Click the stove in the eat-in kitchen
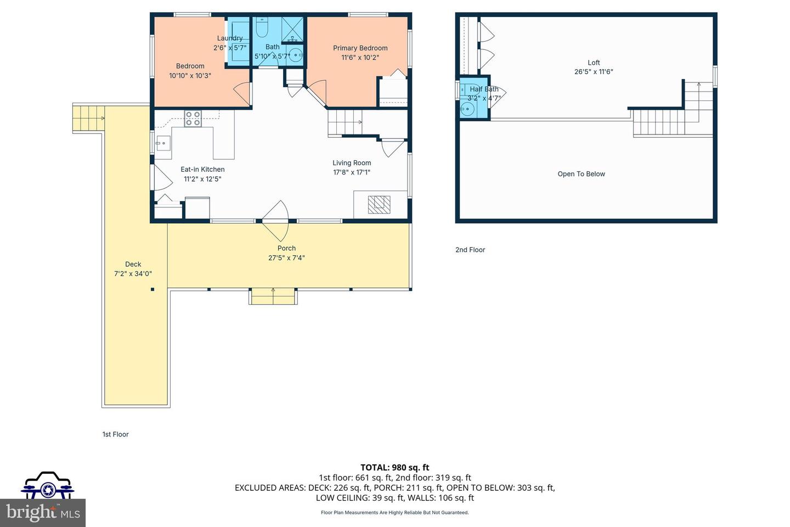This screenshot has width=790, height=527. coord(193,119)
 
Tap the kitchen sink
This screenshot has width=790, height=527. coord(163,144)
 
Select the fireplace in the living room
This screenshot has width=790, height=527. coord(379,204)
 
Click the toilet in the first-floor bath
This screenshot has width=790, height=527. coord(262,27)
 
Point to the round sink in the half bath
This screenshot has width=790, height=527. coord(467,109)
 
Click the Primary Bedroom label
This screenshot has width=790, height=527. coord(360,48)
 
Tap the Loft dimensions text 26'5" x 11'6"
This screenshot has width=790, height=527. coord(594,71)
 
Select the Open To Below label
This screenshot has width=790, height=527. coord(581,174)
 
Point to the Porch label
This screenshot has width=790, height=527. coord(286,248)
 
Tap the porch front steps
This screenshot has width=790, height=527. coord(273,296)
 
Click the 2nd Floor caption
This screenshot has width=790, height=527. coord(470,250)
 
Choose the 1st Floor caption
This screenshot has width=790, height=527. coord(115,434)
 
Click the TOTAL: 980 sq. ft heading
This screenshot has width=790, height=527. coord(394,468)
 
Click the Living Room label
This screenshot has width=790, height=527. coord(352,162)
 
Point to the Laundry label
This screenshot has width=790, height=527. coord(229,38)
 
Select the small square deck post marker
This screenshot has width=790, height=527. coord(153,289)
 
